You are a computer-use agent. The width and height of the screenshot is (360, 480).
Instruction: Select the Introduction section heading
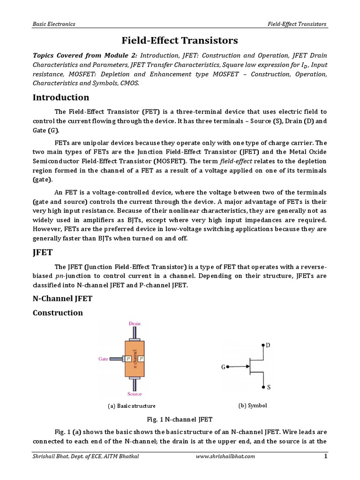pos(60,97)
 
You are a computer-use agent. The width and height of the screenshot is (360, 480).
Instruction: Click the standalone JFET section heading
pos(43,254)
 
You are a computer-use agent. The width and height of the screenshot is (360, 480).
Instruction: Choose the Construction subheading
pos(58,313)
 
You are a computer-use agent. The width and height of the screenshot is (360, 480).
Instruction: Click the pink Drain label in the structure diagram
pos(134,323)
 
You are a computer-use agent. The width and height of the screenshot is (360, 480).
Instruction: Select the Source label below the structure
pos(135,394)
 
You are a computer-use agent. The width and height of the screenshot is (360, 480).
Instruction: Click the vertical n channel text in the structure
pos(135,359)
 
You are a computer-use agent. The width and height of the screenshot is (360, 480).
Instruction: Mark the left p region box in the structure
pos(127,359)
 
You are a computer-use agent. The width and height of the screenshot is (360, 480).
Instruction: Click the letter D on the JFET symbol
pos(268,345)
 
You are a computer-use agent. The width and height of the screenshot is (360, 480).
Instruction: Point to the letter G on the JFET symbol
pos(224,367)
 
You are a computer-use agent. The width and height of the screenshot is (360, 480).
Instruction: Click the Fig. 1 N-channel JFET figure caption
pos(180,418)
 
